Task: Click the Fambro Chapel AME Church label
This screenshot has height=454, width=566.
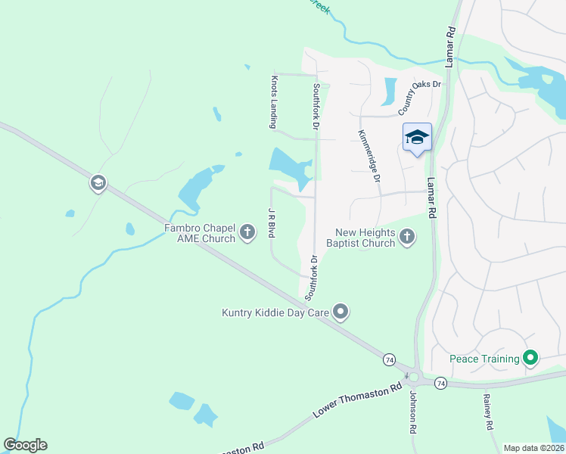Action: (x=200, y=233)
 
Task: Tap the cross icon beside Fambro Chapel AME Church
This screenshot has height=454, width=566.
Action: (x=247, y=233)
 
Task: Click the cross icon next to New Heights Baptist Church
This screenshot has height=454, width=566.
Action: (x=406, y=238)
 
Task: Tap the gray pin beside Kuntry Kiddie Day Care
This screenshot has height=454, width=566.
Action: (x=341, y=312)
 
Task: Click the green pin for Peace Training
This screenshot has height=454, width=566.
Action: (x=531, y=358)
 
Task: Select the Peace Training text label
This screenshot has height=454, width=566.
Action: (x=484, y=359)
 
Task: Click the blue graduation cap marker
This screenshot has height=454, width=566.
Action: (x=417, y=138)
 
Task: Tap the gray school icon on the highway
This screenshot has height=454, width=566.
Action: (x=98, y=183)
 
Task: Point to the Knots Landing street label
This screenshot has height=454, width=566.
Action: (x=275, y=101)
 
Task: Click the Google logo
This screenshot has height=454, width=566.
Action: (x=25, y=445)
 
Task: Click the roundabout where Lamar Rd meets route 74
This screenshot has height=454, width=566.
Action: (x=414, y=376)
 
